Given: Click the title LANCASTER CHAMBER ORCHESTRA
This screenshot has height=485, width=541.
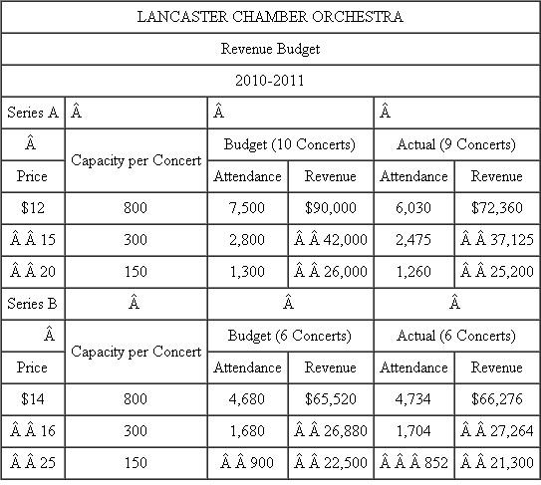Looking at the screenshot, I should pyautogui.click(x=270, y=17).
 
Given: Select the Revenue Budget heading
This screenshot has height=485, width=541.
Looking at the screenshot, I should pyautogui.click(x=270, y=48).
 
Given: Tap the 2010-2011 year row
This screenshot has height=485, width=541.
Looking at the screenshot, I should pyautogui.click(x=270, y=79).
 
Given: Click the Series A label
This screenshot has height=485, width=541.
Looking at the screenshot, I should pyautogui.click(x=32, y=113).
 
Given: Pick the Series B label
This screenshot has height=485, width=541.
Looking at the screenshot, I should pyautogui.click(x=32, y=304).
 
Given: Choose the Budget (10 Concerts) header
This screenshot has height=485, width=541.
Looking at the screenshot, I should pyautogui.click(x=289, y=144).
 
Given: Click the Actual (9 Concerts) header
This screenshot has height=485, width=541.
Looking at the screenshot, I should pyautogui.click(x=455, y=144).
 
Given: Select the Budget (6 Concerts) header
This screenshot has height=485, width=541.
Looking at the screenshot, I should pyautogui.click(x=289, y=336).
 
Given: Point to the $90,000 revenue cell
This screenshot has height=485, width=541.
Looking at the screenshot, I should pyautogui.click(x=330, y=208).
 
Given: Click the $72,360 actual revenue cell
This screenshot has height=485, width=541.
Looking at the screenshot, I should pyautogui.click(x=496, y=208).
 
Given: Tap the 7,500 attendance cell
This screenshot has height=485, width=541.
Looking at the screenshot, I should pyautogui.click(x=248, y=208).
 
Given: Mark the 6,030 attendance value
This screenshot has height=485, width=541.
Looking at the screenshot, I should pyautogui.click(x=413, y=208).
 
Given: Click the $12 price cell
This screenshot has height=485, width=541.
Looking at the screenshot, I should pyautogui.click(x=32, y=208).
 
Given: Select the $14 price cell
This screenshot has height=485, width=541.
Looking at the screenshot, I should pyautogui.click(x=32, y=399).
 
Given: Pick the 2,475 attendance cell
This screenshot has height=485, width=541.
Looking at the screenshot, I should pyautogui.click(x=413, y=240).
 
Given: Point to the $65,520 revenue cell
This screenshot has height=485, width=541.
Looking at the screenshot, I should pyautogui.click(x=330, y=399).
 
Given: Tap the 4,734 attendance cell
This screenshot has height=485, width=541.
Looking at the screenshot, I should pyautogui.click(x=413, y=399).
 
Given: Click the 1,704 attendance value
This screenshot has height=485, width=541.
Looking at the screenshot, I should pyautogui.click(x=413, y=431).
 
